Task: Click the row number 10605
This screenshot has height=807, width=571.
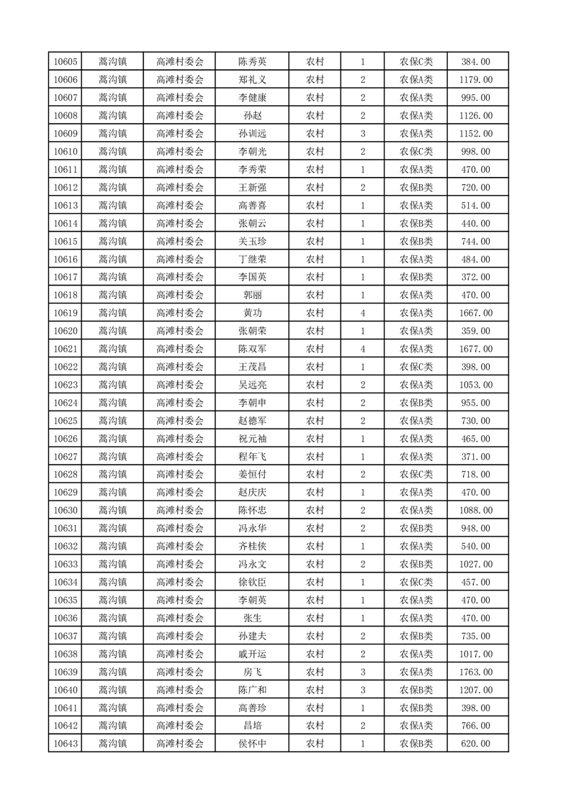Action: [x=66, y=62]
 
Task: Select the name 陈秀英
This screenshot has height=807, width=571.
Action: [x=252, y=62]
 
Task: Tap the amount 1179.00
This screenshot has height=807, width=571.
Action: [x=475, y=80]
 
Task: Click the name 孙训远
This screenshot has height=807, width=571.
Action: [x=252, y=134]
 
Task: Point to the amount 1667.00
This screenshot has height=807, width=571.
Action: [x=475, y=313]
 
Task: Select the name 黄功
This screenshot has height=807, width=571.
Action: [x=252, y=313]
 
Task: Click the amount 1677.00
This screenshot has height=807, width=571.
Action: [x=475, y=349]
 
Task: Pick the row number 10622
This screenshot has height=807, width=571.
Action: [x=66, y=367]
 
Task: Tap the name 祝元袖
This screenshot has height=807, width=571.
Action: [x=252, y=439]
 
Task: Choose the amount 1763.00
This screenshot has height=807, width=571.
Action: [x=475, y=672]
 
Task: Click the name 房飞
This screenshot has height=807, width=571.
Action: [x=252, y=672]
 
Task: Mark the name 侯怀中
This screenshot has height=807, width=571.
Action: [x=252, y=744]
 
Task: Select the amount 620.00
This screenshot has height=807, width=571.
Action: [x=475, y=744]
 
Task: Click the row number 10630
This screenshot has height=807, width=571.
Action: [x=66, y=511]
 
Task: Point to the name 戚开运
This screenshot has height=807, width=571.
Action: [x=252, y=654]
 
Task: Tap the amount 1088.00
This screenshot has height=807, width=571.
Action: [x=475, y=511]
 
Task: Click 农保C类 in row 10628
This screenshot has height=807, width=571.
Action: [x=416, y=475]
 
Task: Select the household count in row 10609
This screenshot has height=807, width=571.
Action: [x=363, y=134]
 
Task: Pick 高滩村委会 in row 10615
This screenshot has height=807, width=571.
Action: [x=180, y=242]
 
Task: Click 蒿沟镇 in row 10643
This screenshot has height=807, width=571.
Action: [x=112, y=744]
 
